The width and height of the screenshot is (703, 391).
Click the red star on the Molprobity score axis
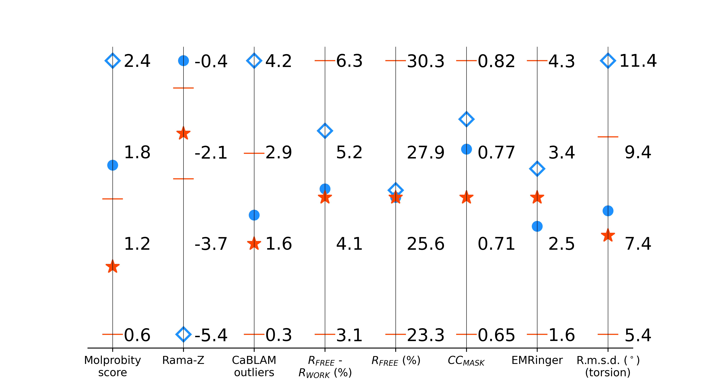(112, 267)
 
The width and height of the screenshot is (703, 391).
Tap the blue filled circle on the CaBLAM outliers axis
(254, 215)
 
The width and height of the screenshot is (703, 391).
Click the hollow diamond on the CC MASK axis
(466, 119)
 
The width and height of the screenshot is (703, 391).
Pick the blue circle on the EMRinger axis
(537, 226)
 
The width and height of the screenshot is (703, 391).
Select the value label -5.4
(211, 335)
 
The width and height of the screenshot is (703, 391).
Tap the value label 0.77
(496, 152)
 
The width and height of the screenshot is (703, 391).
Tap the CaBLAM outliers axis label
(254, 366)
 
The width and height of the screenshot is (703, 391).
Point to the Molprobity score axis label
(112, 366)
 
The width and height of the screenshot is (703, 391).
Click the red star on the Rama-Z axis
(183, 133)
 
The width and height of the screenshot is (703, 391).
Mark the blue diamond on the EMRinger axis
(537, 169)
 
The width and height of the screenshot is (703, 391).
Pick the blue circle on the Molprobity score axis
(112, 165)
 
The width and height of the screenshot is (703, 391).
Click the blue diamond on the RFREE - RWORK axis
(325, 131)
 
